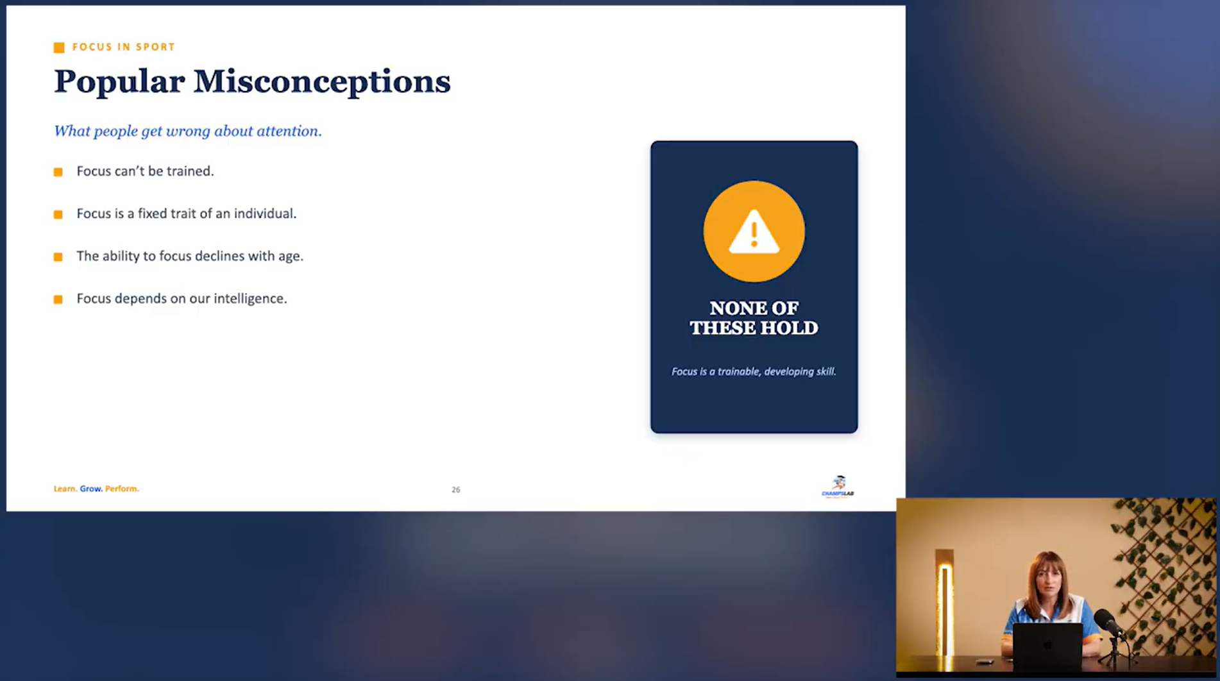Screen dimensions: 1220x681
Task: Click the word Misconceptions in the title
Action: [x=322, y=82]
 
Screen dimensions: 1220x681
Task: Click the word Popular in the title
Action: [x=119, y=82]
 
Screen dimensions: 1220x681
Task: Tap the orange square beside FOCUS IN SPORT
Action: [x=59, y=47]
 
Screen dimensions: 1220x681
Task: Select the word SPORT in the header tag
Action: [x=155, y=47]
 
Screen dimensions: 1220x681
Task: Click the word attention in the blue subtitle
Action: [x=289, y=131]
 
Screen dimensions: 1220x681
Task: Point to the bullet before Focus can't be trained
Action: [x=58, y=172]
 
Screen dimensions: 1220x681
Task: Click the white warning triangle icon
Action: [x=754, y=231]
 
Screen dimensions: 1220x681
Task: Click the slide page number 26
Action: [x=456, y=490]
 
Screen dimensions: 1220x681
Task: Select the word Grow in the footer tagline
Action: [x=90, y=489]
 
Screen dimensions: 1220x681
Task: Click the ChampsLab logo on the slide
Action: [x=838, y=487]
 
